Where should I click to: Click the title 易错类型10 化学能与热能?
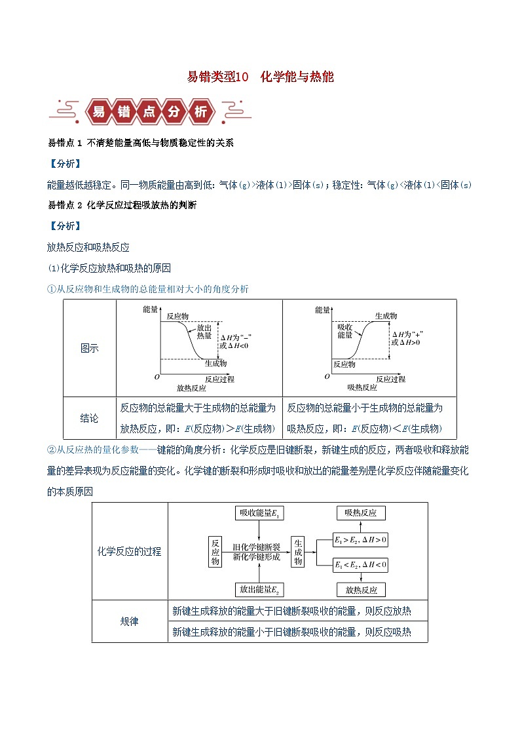click(x=260, y=77)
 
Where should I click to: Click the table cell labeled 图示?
click(x=90, y=348)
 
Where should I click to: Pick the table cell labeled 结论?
click(x=90, y=417)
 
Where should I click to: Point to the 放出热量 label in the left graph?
click(x=204, y=330)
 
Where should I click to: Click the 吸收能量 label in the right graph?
click(x=345, y=330)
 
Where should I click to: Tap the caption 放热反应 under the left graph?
click(x=183, y=388)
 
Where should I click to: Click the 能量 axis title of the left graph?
click(x=150, y=309)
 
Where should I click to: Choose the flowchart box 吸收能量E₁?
click(x=261, y=513)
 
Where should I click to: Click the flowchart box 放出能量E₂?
click(x=261, y=590)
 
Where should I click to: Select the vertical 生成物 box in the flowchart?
click(x=298, y=551)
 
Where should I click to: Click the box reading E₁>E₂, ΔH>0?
click(x=360, y=540)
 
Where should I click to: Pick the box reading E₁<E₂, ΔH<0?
click(x=360, y=564)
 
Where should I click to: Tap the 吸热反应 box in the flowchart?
click(x=361, y=513)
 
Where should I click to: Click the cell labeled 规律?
click(x=130, y=621)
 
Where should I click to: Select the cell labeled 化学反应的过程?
click(x=130, y=551)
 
